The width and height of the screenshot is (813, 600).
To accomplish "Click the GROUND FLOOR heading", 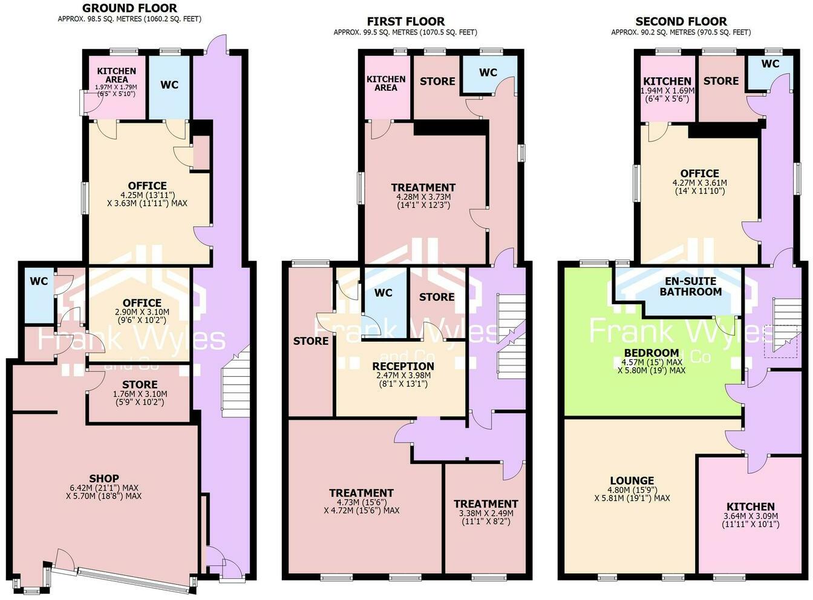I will tap(129, 8).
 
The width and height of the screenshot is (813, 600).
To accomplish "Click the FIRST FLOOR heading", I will tap(405, 21).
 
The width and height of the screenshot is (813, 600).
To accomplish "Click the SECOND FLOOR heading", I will tap(681, 21).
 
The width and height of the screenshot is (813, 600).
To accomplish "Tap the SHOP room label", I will tap(104, 478).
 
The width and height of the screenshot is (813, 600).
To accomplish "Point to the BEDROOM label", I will tap(651, 353).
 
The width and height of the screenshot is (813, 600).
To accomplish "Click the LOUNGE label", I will tap(632, 481).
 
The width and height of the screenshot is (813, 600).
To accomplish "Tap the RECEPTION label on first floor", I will tap(403, 366).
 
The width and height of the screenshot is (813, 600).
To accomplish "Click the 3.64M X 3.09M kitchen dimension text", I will tap(750, 520).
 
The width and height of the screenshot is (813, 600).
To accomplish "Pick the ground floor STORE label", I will tap(140, 384).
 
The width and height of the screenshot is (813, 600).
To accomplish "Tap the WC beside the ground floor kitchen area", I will tap(169, 85).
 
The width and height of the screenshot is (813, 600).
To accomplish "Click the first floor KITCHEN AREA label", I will tap(386, 83).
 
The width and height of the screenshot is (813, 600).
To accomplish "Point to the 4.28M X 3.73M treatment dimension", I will tap(423, 201).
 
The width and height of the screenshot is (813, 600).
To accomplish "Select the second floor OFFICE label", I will tap(699, 173).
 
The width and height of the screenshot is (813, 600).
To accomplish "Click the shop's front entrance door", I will tap(64, 559).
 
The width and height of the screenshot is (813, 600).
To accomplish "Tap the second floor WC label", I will tap(770, 64).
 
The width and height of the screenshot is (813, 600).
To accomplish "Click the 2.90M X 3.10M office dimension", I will tap(142, 316).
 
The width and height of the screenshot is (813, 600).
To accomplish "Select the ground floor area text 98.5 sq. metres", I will tap(129, 19).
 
